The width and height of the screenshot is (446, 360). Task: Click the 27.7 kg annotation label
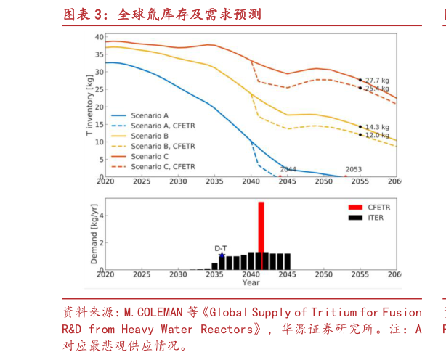(376, 80)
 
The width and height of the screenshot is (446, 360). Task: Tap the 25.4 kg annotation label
(376, 89)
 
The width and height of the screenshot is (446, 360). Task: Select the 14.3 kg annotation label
(376, 126)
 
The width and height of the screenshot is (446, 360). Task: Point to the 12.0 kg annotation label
(376, 135)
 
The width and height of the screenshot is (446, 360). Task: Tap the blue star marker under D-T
(222, 255)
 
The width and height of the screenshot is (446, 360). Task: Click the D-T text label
(222, 247)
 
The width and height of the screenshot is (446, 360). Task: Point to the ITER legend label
(376, 217)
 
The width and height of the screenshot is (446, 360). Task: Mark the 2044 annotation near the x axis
(288, 169)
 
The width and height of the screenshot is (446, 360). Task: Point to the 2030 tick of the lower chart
(178, 275)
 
